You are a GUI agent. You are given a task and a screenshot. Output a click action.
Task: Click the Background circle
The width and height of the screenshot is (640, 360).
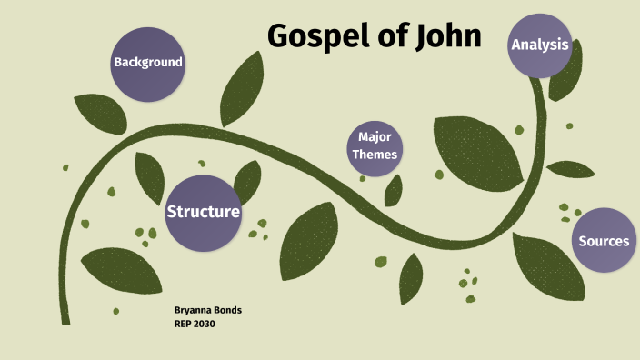coord(146,63)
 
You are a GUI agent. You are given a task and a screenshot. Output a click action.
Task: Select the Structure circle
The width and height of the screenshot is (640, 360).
coord(203,212)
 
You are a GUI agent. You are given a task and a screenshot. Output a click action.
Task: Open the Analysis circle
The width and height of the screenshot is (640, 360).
coord(539,45)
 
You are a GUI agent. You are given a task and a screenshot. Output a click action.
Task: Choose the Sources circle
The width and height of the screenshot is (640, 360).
coord(603,241)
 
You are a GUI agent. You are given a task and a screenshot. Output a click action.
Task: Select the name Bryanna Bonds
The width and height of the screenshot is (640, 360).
coord(207,310)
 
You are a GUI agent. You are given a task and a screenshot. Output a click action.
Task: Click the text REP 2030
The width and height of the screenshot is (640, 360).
coord(195,324)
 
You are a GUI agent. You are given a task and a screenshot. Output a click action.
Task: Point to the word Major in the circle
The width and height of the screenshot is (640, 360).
coord(375,136)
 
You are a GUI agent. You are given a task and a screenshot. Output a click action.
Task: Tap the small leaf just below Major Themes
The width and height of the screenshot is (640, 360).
coord(394,190)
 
